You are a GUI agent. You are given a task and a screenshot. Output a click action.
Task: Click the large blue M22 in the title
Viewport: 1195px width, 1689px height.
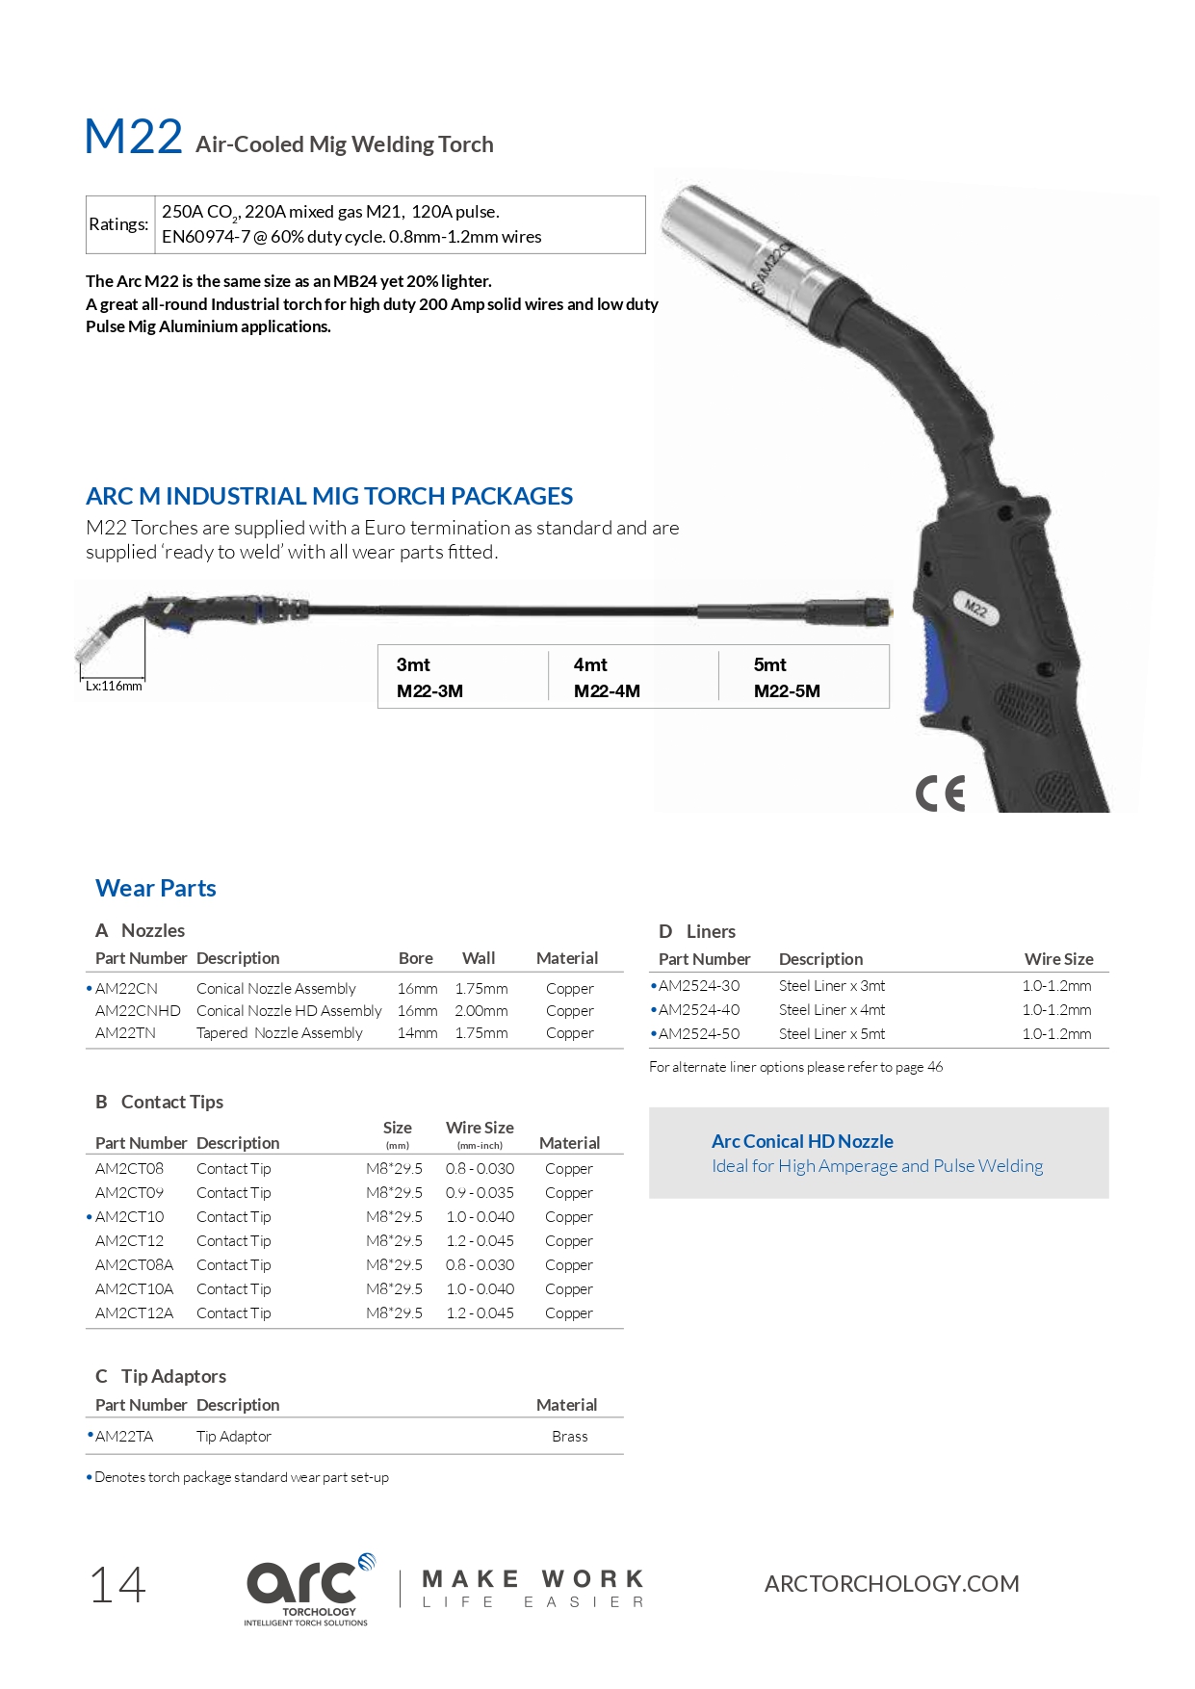(133, 137)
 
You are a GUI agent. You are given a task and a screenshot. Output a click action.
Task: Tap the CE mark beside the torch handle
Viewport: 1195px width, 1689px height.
(940, 793)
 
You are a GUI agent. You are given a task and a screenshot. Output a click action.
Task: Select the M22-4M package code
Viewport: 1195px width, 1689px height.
(607, 691)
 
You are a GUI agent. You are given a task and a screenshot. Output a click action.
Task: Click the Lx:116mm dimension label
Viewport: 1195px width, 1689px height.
(114, 687)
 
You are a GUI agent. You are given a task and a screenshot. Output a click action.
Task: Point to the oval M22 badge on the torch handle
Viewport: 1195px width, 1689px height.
(976, 609)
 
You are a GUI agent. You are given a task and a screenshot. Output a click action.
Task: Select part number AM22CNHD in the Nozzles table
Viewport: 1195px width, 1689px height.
(138, 1011)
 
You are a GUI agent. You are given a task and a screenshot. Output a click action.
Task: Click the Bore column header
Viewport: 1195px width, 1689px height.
(415, 958)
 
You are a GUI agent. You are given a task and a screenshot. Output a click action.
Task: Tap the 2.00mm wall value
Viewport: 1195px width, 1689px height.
(481, 1011)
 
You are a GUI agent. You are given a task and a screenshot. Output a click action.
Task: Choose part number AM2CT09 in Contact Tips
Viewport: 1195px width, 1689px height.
(129, 1193)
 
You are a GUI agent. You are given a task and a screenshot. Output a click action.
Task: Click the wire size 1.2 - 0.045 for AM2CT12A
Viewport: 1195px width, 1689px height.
(480, 1313)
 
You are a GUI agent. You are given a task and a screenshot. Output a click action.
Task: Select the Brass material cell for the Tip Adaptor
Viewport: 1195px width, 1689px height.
(569, 1437)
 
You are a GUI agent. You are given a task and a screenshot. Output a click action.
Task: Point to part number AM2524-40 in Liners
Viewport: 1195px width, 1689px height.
(699, 1010)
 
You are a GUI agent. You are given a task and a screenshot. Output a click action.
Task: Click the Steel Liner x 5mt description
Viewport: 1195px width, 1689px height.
(832, 1034)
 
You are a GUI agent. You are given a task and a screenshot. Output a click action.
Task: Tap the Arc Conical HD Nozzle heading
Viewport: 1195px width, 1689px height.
(802, 1141)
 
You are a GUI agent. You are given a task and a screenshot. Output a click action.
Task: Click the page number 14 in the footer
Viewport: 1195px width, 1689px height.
(117, 1585)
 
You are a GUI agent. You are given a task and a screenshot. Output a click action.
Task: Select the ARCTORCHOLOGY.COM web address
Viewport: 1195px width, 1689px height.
(892, 1584)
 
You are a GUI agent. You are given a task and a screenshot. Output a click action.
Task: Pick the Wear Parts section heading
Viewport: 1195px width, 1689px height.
(156, 888)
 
